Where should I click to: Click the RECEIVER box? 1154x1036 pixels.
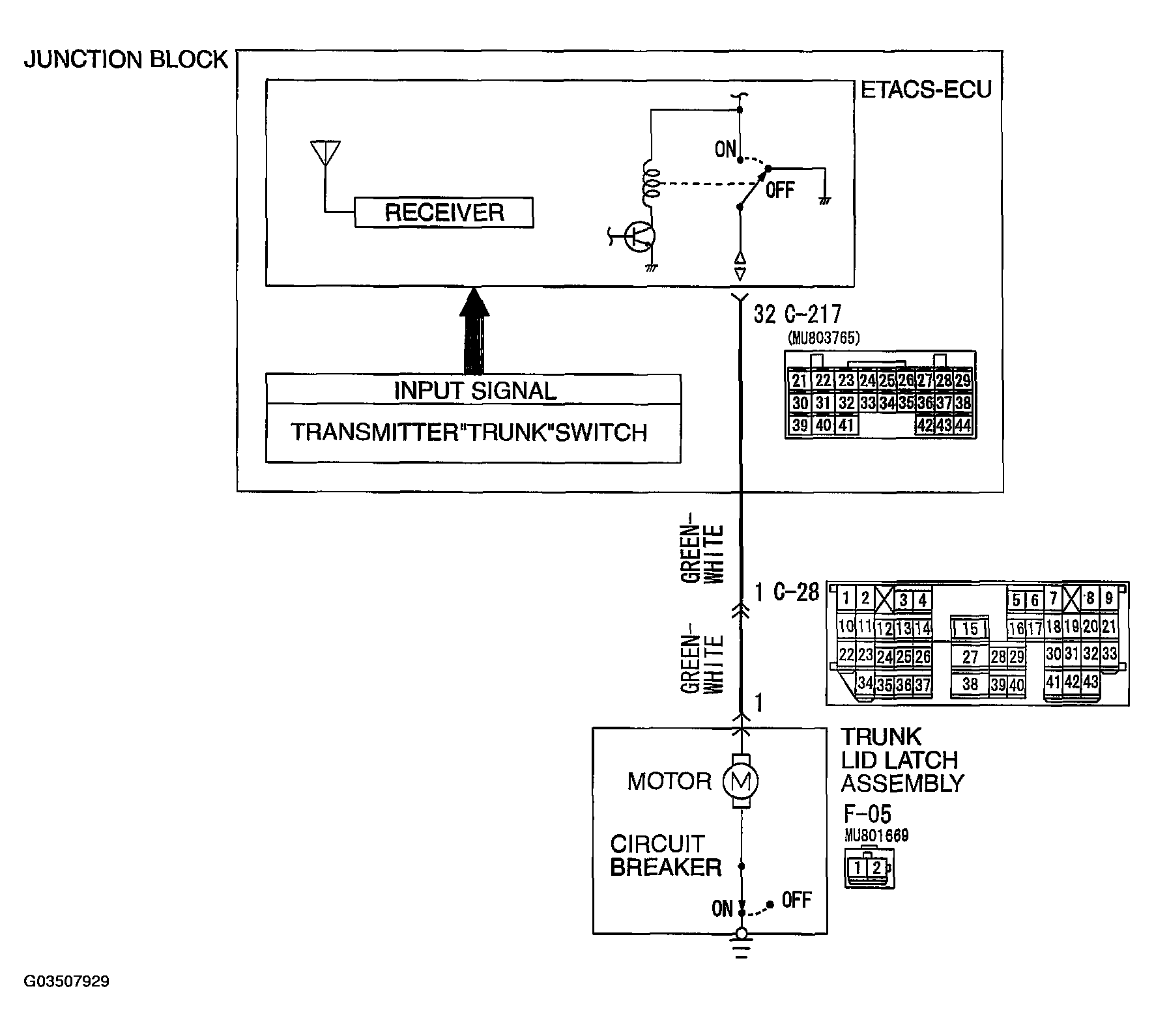click(x=444, y=212)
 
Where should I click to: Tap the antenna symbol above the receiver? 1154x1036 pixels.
click(x=325, y=154)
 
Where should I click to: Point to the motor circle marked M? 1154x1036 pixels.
click(x=740, y=781)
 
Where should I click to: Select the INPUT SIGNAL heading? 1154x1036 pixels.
click(x=474, y=391)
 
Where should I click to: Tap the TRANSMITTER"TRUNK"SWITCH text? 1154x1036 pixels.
click(x=469, y=432)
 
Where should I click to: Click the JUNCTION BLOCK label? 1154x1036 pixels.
click(x=126, y=60)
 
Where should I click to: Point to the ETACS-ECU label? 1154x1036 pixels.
click(x=926, y=90)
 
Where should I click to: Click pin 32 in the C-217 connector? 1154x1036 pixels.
click(x=846, y=403)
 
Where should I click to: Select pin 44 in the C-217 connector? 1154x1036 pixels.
click(x=962, y=425)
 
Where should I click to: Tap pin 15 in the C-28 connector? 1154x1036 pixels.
click(x=970, y=628)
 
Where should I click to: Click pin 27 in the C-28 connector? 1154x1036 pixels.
click(x=970, y=656)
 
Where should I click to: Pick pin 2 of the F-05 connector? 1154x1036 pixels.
click(x=877, y=867)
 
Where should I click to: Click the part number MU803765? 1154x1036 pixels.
click(x=824, y=338)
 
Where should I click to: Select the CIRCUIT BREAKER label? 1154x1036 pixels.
click(x=665, y=856)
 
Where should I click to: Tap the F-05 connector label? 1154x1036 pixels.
click(x=867, y=814)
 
